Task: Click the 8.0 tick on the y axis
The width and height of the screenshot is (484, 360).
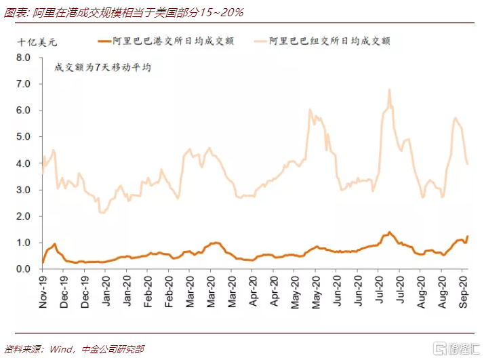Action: pos(23,58)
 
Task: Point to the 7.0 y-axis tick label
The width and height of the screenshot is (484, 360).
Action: pos(23,84)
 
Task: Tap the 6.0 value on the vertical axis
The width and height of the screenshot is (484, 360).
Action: pos(23,111)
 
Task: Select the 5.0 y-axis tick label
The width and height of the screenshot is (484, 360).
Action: pos(23,136)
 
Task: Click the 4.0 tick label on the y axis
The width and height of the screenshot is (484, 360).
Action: pos(23,163)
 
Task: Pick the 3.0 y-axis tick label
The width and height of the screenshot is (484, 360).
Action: pos(23,190)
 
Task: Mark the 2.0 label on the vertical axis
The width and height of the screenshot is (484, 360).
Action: pos(23,216)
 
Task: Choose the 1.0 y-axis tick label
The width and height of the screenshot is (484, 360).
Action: pos(23,243)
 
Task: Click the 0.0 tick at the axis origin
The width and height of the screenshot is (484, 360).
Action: pos(23,269)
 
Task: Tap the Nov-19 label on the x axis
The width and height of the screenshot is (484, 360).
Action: pos(43,292)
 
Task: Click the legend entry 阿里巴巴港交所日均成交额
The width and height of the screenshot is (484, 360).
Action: pos(166,41)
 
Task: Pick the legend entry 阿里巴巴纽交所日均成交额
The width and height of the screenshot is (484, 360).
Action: pos(322,41)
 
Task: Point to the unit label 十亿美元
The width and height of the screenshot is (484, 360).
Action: pos(37,41)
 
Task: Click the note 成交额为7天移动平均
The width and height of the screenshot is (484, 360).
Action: pos(102,67)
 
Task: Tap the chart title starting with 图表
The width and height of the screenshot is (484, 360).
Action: pos(124,13)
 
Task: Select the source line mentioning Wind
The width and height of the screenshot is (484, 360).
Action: pos(75,349)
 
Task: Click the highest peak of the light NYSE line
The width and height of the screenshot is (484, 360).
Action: pos(389,89)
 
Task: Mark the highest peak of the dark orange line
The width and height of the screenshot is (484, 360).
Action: pos(389,232)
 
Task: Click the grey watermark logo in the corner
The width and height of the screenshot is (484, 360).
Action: pos(456,349)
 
